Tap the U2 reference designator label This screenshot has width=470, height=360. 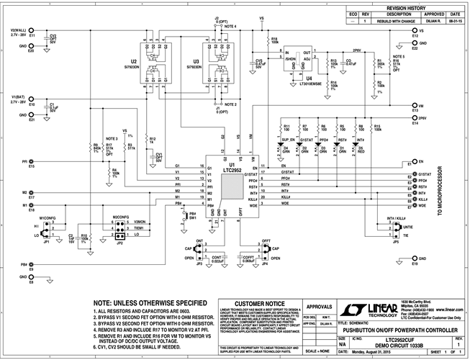(x=133, y=62)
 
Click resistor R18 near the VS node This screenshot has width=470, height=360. (x=268, y=40)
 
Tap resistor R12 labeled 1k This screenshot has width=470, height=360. (x=144, y=140)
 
